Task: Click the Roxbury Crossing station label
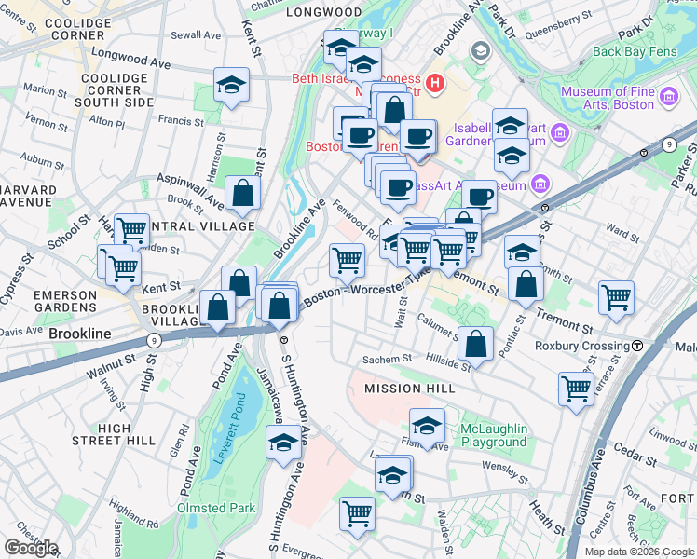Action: (581, 346)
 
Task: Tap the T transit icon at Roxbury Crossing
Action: (637, 346)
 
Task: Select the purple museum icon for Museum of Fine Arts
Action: (669, 96)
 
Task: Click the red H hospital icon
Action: (435, 87)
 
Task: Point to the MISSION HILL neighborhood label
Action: (410, 388)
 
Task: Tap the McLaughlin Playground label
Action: (493, 435)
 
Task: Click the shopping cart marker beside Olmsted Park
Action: (357, 513)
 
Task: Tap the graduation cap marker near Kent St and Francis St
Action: (231, 86)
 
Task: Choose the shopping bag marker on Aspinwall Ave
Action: (242, 193)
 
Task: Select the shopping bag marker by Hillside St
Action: (475, 342)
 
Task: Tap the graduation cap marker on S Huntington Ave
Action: (283, 443)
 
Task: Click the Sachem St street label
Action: (387, 359)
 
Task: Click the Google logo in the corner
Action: (32, 548)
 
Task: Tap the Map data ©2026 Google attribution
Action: (638, 552)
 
